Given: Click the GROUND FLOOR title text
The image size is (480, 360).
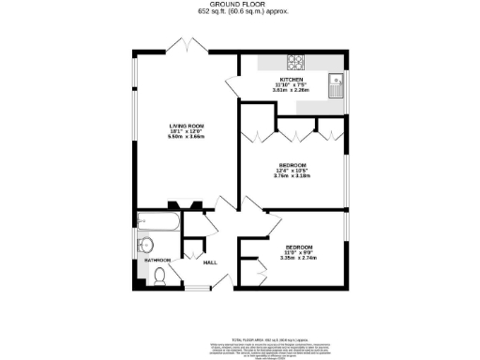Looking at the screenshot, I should point(239,5).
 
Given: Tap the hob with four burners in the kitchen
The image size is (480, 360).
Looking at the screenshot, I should point(295,64).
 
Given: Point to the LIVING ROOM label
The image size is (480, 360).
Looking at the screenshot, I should point(182,127).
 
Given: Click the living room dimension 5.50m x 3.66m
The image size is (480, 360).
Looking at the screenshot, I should point(182,138).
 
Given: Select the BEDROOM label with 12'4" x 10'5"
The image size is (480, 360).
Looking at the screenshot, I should point(292,165).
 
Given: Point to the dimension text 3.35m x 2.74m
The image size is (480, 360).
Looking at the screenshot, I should point(299,258).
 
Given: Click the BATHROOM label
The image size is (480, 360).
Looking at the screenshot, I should point(157,260).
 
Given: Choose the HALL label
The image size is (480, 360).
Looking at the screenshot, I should point(210,262).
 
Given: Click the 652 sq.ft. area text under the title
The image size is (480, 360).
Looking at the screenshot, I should point(239,13).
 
